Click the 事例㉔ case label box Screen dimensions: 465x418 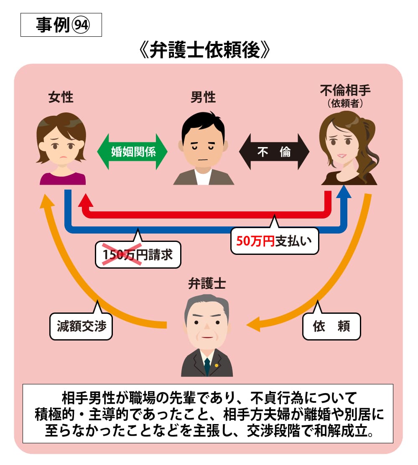61,26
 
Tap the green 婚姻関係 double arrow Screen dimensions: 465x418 132,151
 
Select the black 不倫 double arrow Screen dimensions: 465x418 274,152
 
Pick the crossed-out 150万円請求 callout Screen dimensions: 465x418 138,254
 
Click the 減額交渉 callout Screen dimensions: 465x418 81,326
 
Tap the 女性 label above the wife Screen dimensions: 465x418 61,97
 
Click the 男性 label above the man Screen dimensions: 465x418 203,97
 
